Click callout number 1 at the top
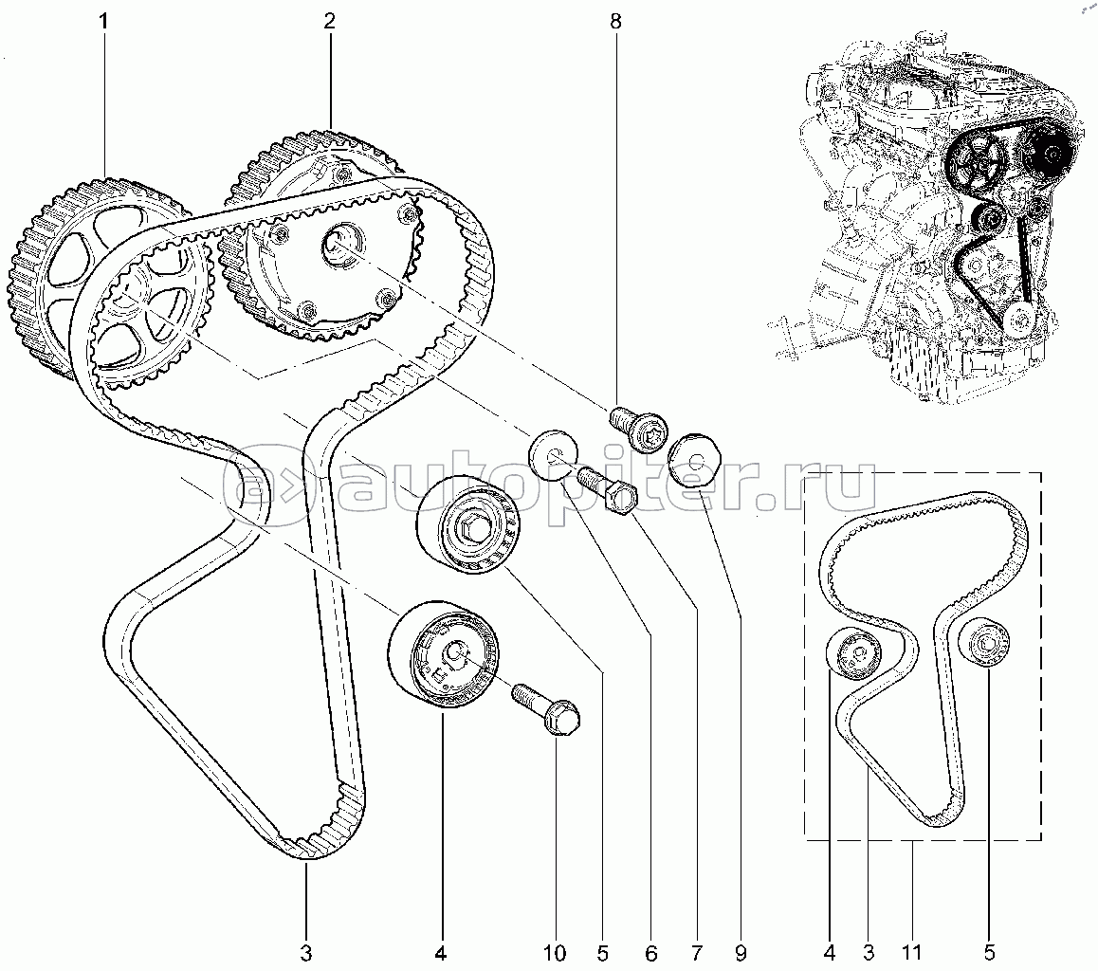[x=103, y=21]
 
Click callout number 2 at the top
[x=329, y=21]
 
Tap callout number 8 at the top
[x=615, y=21]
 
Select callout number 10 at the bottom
[x=555, y=953]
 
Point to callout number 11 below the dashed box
[x=912, y=953]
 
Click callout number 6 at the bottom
[x=651, y=953]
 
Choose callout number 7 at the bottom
[x=697, y=953]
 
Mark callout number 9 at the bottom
[x=741, y=953]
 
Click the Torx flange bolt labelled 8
[x=638, y=430]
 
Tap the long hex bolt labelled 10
[x=547, y=709]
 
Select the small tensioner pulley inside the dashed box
[x=853, y=653]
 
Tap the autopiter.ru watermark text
[x=549, y=483]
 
